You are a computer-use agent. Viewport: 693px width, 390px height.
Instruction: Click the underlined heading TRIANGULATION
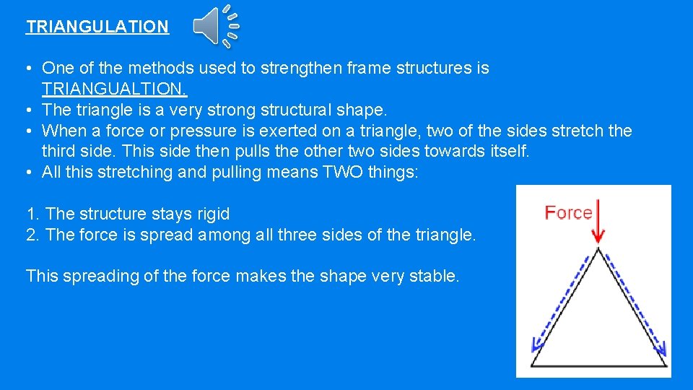(x=97, y=27)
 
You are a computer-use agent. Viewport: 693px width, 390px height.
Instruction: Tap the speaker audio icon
(x=215, y=26)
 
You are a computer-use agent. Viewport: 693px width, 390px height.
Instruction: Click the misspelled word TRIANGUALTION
(x=114, y=90)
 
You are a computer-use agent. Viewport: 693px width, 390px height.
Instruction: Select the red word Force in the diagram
(x=568, y=212)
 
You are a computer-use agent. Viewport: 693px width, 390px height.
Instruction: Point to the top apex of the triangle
(x=598, y=250)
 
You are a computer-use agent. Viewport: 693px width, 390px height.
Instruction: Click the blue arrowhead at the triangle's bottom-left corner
(x=535, y=344)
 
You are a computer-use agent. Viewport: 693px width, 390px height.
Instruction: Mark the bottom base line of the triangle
(x=598, y=366)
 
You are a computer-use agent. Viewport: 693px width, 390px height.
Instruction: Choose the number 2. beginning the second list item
(x=33, y=235)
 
